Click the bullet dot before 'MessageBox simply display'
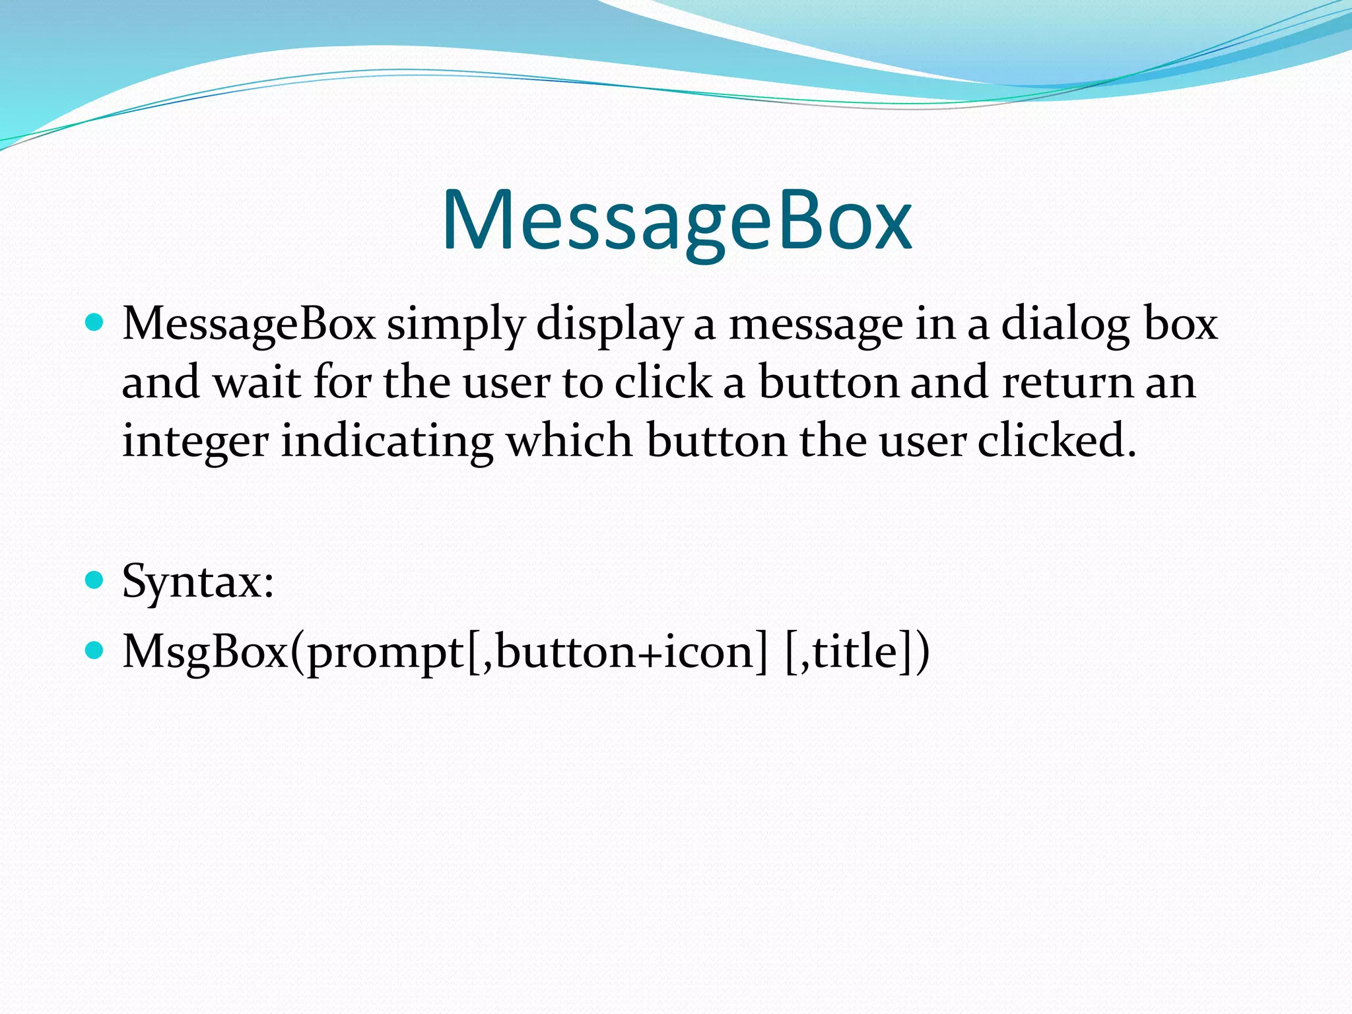coord(95,322)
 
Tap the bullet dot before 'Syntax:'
coord(95,580)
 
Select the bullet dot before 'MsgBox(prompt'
coord(95,650)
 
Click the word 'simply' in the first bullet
coord(456,325)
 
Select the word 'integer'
coord(195,441)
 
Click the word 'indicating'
coord(388,441)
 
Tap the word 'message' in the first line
coord(815,325)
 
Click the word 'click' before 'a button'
coord(663,382)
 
